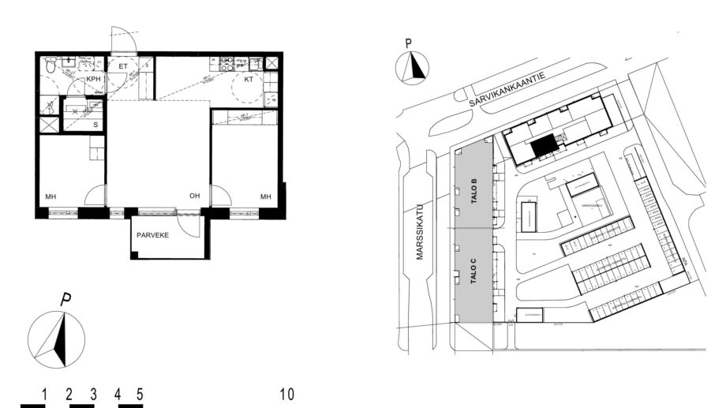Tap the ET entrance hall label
(x=123, y=66)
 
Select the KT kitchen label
(x=248, y=80)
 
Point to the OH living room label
(x=194, y=196)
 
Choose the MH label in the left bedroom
(x=50, y=196)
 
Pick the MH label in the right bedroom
(x=266, y=196)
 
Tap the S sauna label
(x=95, y=125)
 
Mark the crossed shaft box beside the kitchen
(x=271, y=63)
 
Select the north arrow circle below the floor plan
(x=56, y=339)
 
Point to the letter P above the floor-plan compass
(x=67, y=300)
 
